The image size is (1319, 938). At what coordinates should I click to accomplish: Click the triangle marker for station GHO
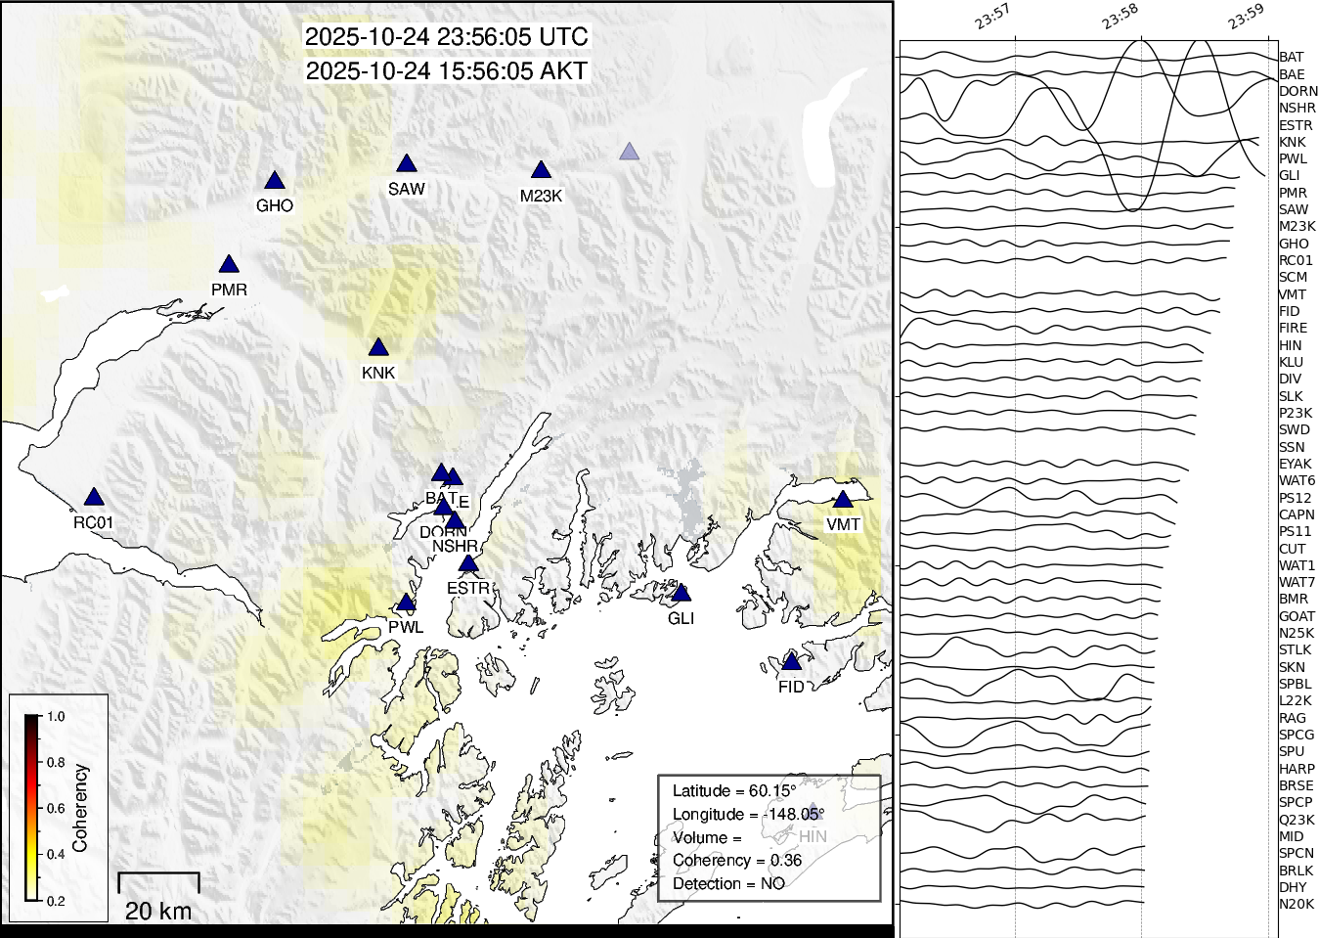275,181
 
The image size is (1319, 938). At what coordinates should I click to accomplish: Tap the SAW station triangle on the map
407,164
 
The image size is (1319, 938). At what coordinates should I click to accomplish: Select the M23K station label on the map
541,196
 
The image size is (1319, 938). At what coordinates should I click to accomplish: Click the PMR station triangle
229,265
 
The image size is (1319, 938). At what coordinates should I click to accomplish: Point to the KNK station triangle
378,348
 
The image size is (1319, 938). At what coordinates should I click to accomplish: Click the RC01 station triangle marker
94,498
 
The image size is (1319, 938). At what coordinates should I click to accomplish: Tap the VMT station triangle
843,500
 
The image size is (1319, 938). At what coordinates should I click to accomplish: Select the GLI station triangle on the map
681,594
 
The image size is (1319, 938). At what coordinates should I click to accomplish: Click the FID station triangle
792,662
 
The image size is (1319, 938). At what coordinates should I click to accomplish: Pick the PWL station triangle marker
406,603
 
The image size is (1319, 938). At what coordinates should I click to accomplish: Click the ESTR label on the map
468,588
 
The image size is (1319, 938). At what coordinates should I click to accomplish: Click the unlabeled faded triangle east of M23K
630,152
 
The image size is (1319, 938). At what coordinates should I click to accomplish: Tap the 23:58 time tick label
1120,18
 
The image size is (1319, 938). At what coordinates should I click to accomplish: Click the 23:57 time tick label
992,18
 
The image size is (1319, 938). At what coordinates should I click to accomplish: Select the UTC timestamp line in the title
447,37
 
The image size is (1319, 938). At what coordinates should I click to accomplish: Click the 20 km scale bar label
158,912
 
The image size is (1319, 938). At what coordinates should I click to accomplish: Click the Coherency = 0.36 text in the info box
737,861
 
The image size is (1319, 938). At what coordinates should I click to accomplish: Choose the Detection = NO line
728,884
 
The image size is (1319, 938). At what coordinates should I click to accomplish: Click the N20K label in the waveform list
1297,905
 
